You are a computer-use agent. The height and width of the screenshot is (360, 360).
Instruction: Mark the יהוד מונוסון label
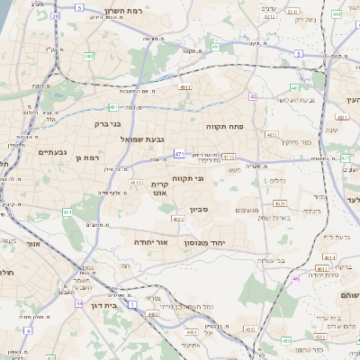[x=209, y=243]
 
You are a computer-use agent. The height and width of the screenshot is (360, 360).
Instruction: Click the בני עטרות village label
[x=268, y=260]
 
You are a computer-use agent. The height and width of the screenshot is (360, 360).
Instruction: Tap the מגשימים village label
[x=248, y=211]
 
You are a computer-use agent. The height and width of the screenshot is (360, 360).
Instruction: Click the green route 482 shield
[x=89, y=56]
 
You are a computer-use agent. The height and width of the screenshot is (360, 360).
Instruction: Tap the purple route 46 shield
[x=295, y=279]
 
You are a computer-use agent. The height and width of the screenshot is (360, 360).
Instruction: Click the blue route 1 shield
[x=132, y=305]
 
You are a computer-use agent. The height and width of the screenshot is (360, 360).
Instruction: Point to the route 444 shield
[x=337, y=14]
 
